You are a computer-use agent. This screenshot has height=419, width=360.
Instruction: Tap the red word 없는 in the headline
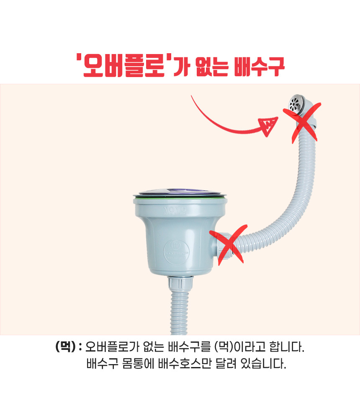(x=212, y=66)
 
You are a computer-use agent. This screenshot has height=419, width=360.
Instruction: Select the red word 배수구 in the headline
(x=259, y=66)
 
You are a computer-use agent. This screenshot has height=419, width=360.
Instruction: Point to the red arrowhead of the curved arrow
(x=268, y=126)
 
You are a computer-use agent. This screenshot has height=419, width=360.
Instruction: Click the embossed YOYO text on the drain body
(x=175, y=209)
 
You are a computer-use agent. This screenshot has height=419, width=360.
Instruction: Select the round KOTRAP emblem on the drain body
(x=176, y=252)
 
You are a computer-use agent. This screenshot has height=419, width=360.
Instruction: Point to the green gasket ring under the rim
(x=180, y=197)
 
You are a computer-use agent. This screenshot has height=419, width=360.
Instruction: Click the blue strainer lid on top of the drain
(x=180, y=192)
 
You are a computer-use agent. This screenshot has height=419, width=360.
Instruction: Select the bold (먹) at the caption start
(x=65, y=347)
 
